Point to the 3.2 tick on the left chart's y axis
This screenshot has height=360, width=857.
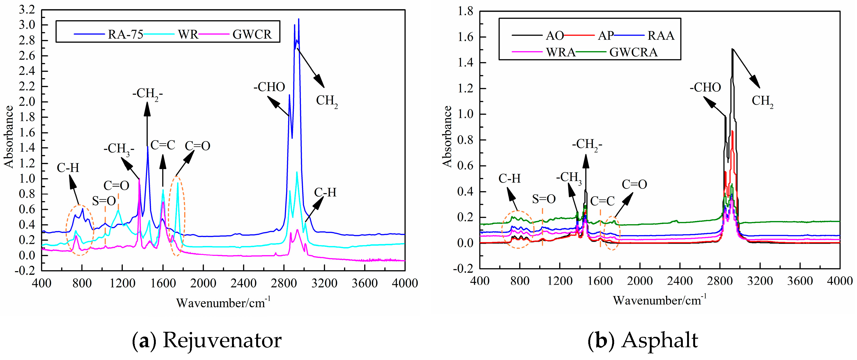(x=27, y=10)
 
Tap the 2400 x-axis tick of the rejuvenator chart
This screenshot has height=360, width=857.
(x=243, y=283)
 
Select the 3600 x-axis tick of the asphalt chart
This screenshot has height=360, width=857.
(x=800, y=281)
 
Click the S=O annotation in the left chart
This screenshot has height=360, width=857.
(x=104, y=201)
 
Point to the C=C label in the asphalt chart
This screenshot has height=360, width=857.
(x=602, y=201)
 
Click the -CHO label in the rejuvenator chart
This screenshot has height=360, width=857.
(x=269, y=87)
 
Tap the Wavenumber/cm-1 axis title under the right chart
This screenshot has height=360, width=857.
(x=659, y=300)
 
